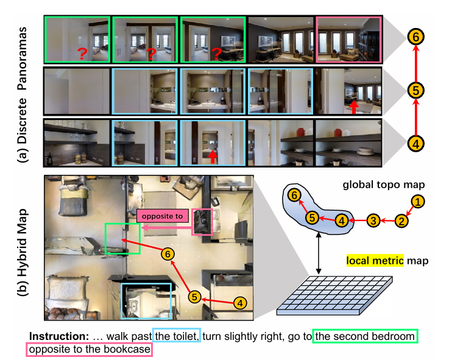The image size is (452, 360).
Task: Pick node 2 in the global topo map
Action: (x=400, y=221)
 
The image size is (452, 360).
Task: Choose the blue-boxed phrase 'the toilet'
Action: (x=177, y=336)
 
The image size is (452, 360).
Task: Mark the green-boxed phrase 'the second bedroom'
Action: (x=365, y=336)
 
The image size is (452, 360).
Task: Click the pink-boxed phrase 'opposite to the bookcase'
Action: (x=88, y=350)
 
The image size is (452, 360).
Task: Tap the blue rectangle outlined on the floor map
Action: (x=146, y=301)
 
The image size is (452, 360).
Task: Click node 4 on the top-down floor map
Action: (x=241, y=302)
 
